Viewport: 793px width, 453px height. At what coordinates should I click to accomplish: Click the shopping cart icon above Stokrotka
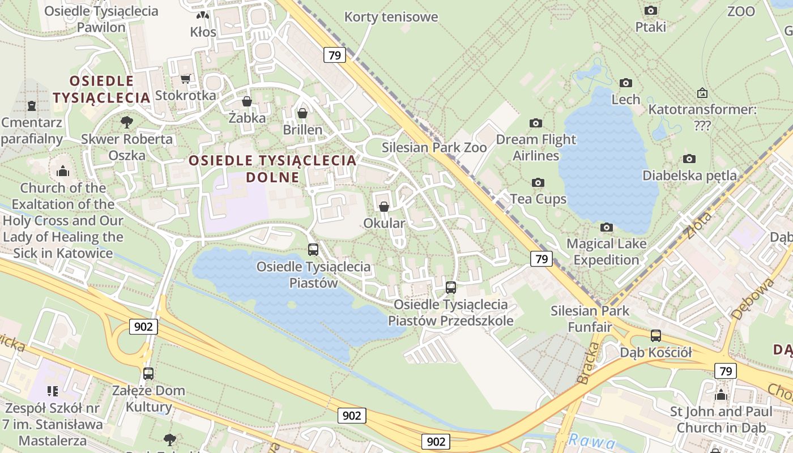(185, 79)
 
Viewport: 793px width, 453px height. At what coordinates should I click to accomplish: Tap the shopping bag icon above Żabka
(247, 101)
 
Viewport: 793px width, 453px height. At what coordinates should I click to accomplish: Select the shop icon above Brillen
(302, 113)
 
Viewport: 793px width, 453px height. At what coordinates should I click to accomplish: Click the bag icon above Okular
(384, 207)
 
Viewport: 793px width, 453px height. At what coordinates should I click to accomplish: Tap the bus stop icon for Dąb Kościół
(656, 336)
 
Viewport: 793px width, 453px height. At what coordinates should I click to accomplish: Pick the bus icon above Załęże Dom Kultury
(148, 374)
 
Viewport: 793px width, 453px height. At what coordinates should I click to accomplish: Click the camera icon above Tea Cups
(538, 182)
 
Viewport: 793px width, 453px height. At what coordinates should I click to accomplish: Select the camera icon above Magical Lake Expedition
(607, 227)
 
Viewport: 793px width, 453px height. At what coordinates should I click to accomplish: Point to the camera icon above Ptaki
(651, 10)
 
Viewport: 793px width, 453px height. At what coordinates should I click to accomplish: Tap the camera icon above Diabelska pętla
(689, 159)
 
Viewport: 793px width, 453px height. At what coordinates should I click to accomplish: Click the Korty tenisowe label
(391, 17)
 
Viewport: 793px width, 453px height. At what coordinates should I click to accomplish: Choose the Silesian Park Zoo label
(434, 148)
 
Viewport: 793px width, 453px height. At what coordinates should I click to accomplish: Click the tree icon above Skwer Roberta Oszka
(127, 122)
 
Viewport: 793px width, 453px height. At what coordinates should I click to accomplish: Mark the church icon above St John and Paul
(721, 395)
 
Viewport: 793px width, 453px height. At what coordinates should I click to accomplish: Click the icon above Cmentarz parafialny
(32, 106)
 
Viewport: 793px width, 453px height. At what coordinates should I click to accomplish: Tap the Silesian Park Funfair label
(590, 319)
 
